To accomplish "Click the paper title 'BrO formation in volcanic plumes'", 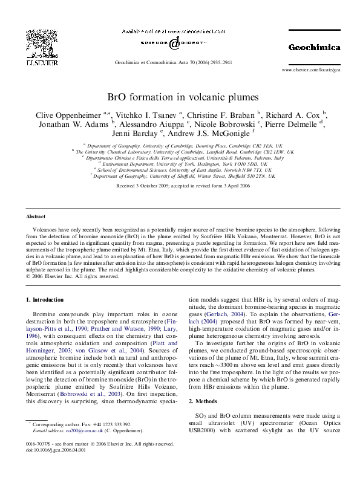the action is (183, 97).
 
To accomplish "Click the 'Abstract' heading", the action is (36, 216).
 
